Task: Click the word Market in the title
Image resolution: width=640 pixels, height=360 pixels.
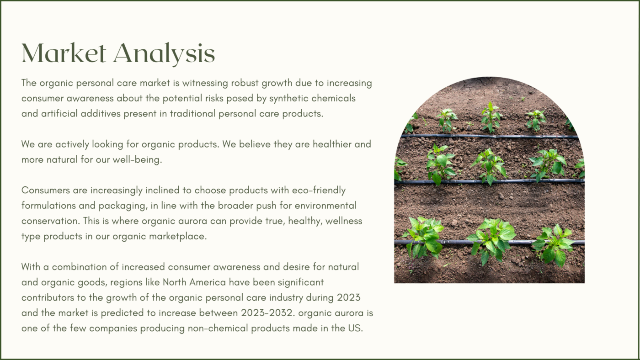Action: pyautogui.click(x=64, y=53)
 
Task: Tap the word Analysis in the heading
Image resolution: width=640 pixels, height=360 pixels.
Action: pyautogui.click(x=164, y=54)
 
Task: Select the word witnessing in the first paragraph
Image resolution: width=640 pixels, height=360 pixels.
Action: pyautogui.click(x=205, y=83)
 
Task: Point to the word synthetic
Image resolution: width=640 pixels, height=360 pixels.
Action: pyautogui.click(x=288, y=99)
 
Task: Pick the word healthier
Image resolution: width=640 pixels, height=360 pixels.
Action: pyautogui.click(x=332, y=144)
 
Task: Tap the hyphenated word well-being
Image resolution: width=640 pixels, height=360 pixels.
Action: pyautogui.click(x=137, y=160)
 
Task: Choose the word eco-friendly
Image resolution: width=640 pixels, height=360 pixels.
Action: pyautogui.click(x=319, y=191)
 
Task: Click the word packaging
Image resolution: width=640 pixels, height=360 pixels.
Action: pyautogui.click(x=123, y=206)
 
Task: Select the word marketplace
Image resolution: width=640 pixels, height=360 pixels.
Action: pyautogui.click(x=178, y=236)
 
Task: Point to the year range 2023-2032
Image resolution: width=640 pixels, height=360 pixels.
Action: pyautogui.click(x=267, y=313)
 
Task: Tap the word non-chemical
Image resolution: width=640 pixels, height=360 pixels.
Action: pyautogui.click(x=218, y=328)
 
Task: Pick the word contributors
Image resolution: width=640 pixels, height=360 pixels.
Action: pyautogui.click(x=48, y=298)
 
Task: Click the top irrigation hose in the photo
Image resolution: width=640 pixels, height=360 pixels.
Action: pyautogui.click(x=489, y=136)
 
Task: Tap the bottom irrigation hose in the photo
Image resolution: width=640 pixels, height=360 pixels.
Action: pyautogui.click(x=489, y=242)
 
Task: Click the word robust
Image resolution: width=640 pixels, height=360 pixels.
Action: pyautogui.click(x=245, y=83)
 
